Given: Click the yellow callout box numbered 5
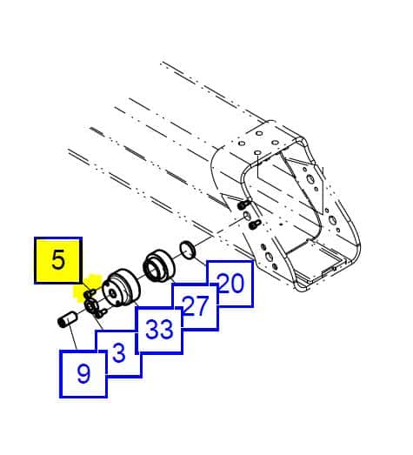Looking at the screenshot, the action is tap(58, 260).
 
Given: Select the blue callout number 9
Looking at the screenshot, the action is tap(83, 374).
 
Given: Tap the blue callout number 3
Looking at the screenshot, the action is tap(119, 353).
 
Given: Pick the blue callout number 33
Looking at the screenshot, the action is tap(159, 330).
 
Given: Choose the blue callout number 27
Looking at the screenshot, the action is tap(196, 306).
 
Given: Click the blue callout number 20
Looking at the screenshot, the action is tap(230, 284).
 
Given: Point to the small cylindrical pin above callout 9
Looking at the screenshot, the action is tap(66, 319).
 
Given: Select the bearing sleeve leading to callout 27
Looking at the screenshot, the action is tap(159, 266).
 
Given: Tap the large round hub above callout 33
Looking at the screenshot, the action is tap(121, 288).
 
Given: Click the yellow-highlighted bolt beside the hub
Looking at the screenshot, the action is tap(90, 292).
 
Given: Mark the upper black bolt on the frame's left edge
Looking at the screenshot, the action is tap(243, 204).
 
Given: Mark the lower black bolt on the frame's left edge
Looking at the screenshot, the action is tap(255, 224).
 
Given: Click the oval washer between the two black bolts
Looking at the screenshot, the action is tap(247, 215).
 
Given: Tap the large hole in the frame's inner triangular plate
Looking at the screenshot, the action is tap(310, 178).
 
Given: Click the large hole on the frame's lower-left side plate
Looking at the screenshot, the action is tap(270, 257).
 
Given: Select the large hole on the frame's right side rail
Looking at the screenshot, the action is tap(333, 219).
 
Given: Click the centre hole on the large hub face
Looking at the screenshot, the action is tap(113, 294).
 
